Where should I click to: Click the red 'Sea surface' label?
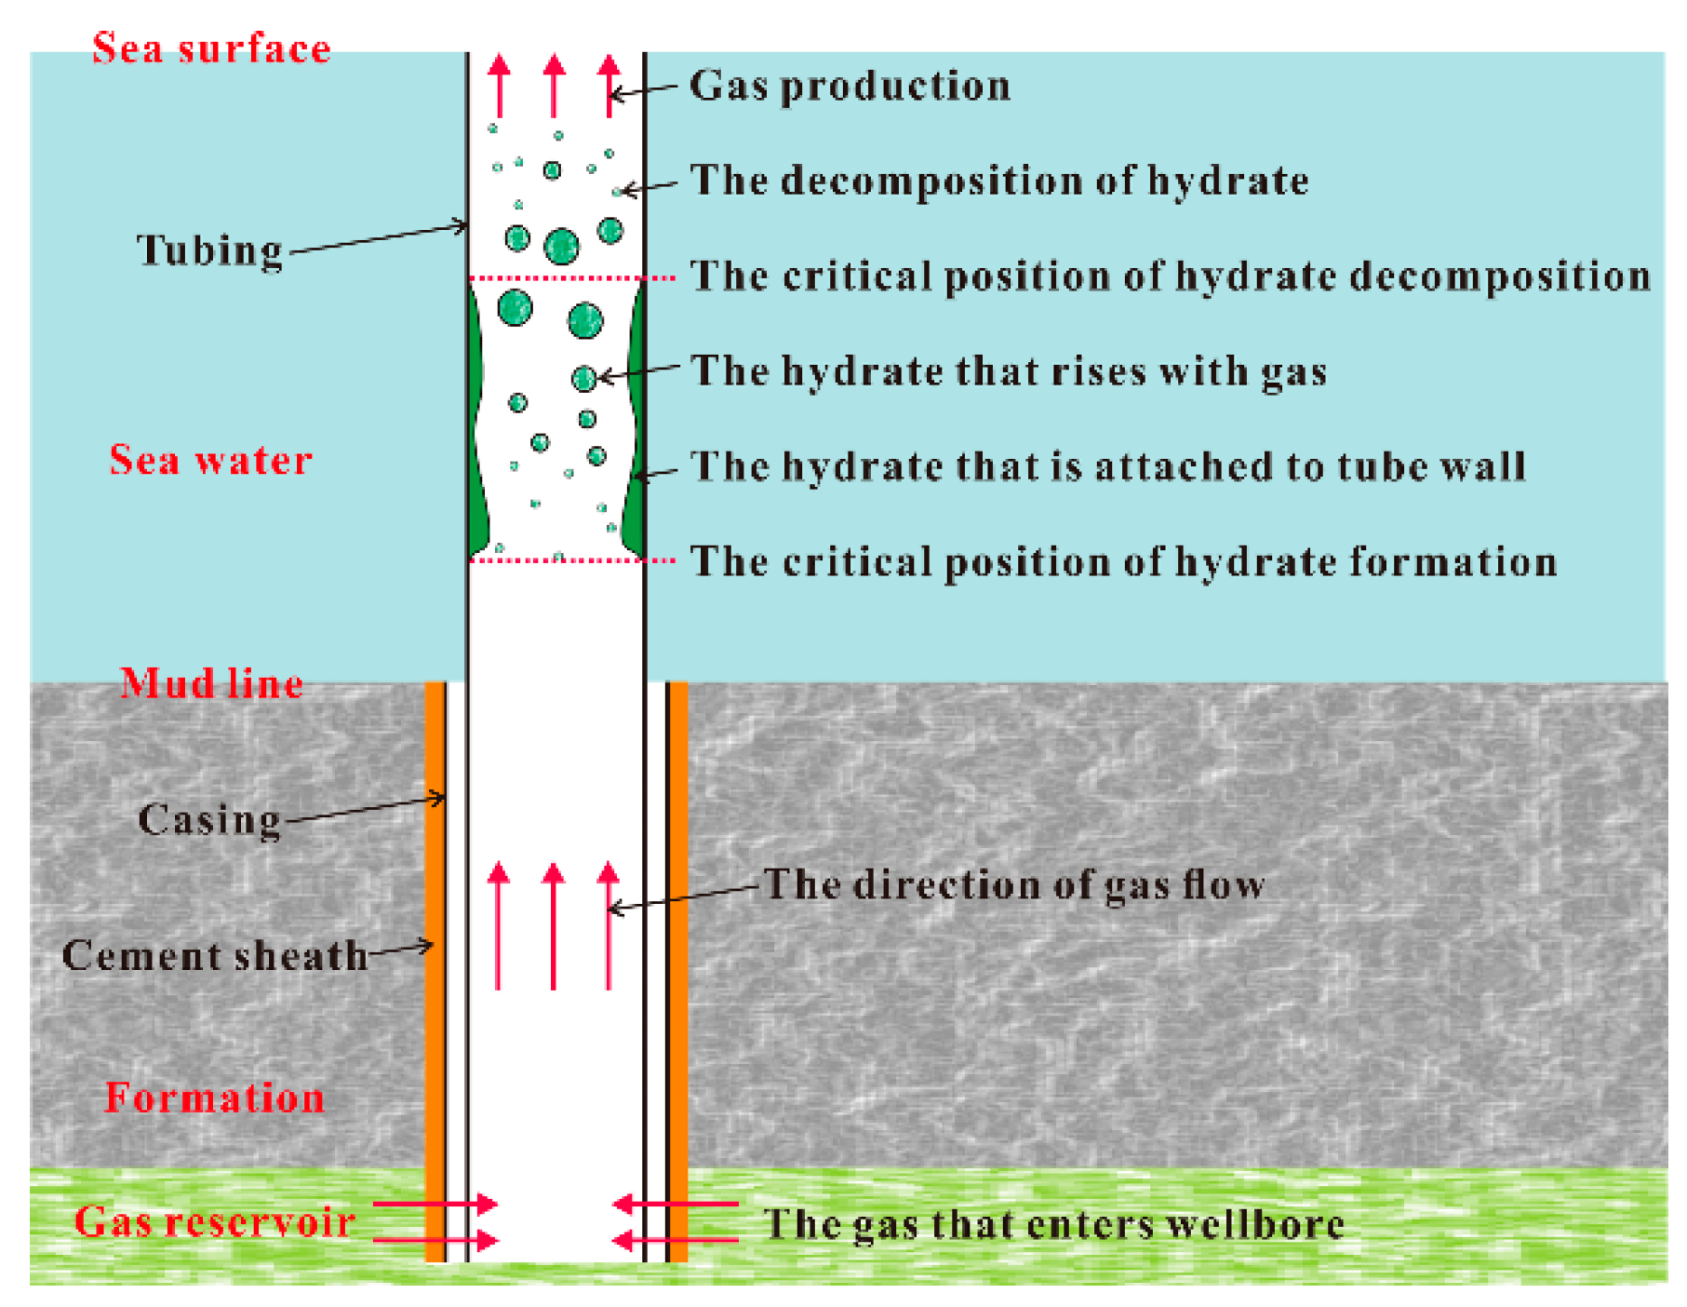(211, 48)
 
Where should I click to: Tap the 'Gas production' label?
(850, 86)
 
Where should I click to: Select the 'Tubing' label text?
(209, 249)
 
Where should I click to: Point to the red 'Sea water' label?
(211, 460)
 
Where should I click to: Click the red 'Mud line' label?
(212, 683)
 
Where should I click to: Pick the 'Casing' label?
(209, 820)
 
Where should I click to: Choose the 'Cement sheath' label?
(215, 956)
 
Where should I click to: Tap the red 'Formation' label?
(215, 1098)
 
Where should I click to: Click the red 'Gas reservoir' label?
(215, 1221)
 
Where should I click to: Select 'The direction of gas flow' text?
(1014, 884)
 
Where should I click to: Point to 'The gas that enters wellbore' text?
(1053, 1224)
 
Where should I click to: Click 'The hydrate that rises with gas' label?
(1009, 371)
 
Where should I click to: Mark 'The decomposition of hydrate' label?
(999, 181)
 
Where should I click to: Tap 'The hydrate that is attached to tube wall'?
(1108, 466)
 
